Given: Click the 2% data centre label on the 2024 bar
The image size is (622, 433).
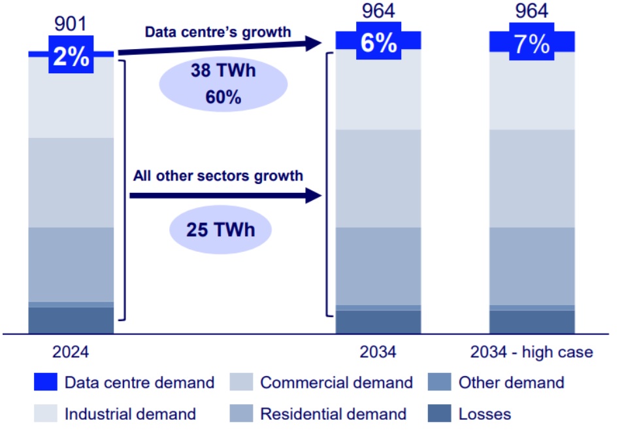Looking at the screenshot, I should pos(71,56).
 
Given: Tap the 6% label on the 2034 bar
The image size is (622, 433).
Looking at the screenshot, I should pos(378,43).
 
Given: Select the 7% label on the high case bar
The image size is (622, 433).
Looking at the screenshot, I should pos(531,44).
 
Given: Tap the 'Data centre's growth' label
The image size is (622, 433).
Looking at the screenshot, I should pos(218,32).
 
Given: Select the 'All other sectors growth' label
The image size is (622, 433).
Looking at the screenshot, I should pos(218,175).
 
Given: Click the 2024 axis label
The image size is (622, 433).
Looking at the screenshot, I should pos(71,352).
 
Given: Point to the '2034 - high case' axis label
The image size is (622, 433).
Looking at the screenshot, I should pos(531,352).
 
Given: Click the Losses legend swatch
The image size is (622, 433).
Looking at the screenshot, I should pos(438,413).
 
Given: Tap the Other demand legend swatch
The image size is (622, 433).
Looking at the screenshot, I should pos(438,383).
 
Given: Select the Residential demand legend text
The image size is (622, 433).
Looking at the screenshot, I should pos(333,413).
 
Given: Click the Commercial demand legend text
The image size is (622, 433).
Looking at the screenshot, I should pos(336,383).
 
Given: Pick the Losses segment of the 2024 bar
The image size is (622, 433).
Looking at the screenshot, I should pos(71,319).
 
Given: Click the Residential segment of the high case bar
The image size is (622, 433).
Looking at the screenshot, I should pos(531,266).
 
